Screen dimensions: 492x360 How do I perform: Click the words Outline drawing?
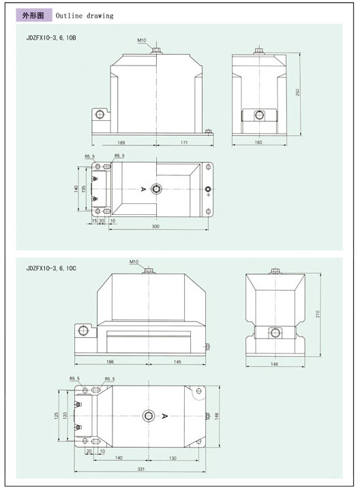(x=85, y=15)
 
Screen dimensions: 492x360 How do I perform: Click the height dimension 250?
(x=299, y=91)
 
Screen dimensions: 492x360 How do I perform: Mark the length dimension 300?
(x=155, y=226)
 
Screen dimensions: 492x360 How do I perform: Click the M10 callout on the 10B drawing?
(x=141, y=41)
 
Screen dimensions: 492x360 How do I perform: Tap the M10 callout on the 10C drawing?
(x=134, y=262)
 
